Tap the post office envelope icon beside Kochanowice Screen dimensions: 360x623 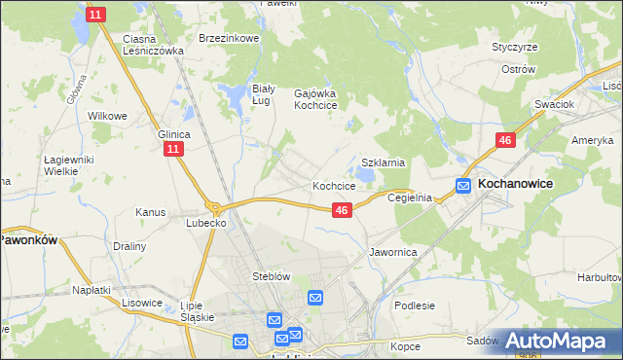(x=464, y=185)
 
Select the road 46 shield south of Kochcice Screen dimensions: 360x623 (x=341, y=209)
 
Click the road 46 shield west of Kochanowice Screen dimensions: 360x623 (x=504, y=141)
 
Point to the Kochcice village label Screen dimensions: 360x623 (x=333, y=185)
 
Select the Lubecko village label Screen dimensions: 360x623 (x=206, y=223)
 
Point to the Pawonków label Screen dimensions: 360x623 (x=30, y=238)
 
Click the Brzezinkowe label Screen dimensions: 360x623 (x=229, y=39)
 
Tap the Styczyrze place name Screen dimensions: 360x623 (x=515, y=46)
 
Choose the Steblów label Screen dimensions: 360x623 (x=272, y=276)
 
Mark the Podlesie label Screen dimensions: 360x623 (x=415, y=306)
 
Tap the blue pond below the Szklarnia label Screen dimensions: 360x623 (x=365, y=176)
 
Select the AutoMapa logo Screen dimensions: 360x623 (x=560, y=341)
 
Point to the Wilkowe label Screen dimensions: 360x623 (x=108, y=116)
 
